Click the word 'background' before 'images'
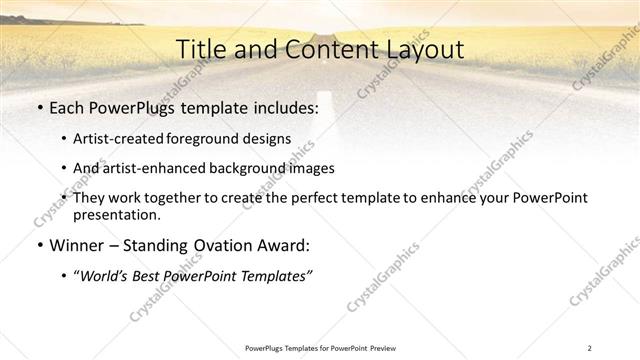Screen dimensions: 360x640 coord(266,168)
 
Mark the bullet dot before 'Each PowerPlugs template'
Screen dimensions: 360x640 coord(39,108)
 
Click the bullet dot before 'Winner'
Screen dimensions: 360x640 coord(39,245)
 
